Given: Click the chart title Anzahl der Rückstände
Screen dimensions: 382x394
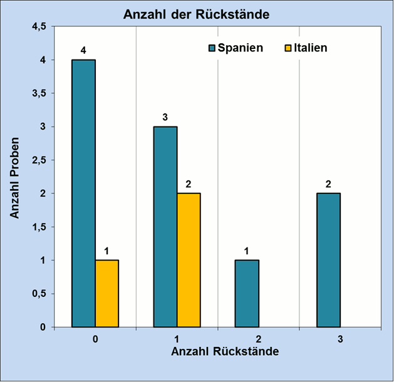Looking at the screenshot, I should coord(197,14).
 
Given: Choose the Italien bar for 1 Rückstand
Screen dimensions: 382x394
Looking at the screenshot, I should coord(189,260).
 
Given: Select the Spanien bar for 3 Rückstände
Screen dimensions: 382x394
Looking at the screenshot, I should coord(328,260).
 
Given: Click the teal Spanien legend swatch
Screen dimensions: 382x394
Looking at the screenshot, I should coord(212,48).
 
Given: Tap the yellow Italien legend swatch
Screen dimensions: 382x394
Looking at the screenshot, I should coord(288,48).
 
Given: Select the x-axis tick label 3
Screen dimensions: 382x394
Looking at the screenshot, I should coord(340,339).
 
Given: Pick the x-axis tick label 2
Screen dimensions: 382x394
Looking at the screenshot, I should coord(258,339).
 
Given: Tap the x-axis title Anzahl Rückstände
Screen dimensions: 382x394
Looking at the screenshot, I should coord(225,351).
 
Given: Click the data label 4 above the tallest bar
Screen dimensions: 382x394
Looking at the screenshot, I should coord(83,49).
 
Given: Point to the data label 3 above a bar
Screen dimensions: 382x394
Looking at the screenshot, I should coord(165,116).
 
